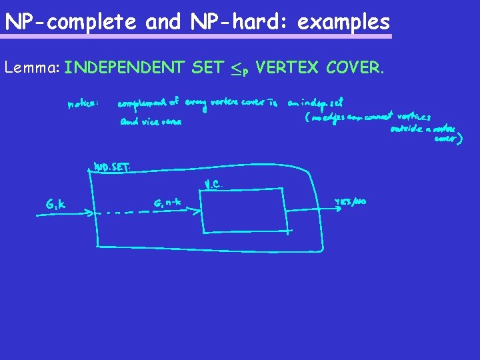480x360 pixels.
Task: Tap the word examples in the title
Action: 343,22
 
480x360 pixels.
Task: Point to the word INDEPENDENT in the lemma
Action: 125,67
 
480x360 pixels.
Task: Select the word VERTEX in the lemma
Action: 285,67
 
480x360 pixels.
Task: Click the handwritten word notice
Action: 83,104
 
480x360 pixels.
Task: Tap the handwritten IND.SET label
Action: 111,167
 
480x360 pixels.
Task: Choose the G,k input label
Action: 55,204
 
